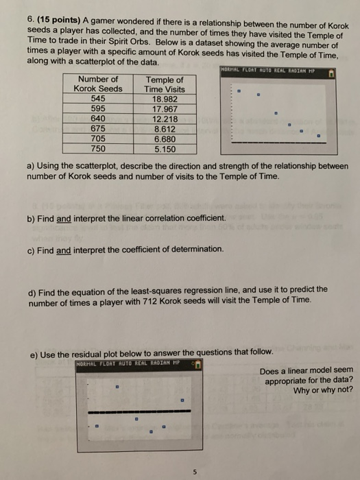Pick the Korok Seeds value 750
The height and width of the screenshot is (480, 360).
98,147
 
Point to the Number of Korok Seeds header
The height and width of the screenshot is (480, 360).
98,84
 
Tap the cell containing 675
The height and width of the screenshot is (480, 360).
98,128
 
